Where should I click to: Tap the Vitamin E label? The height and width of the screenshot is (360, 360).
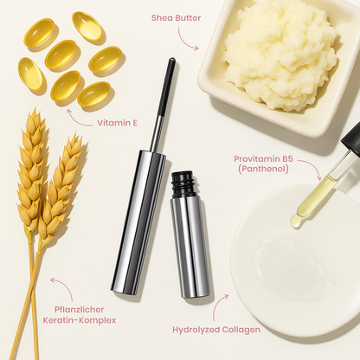click(116, 123)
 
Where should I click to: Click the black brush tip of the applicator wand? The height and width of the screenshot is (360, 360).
click(165, 87)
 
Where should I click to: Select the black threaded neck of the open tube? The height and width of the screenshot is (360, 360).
click(183, 184)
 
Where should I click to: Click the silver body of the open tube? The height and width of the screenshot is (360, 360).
click(190, 247)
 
